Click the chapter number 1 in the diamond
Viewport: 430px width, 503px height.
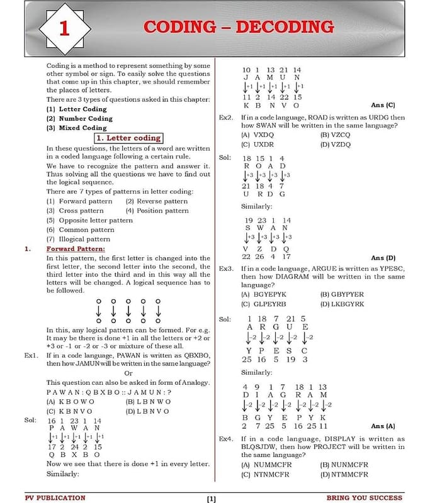64,29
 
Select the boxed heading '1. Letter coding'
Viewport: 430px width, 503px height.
128,138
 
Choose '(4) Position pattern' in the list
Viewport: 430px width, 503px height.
157,211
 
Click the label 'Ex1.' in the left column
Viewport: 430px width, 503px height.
32,355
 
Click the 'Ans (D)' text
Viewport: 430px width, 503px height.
383,258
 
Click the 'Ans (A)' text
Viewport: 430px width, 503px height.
383,426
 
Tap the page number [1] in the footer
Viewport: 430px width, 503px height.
212,499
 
